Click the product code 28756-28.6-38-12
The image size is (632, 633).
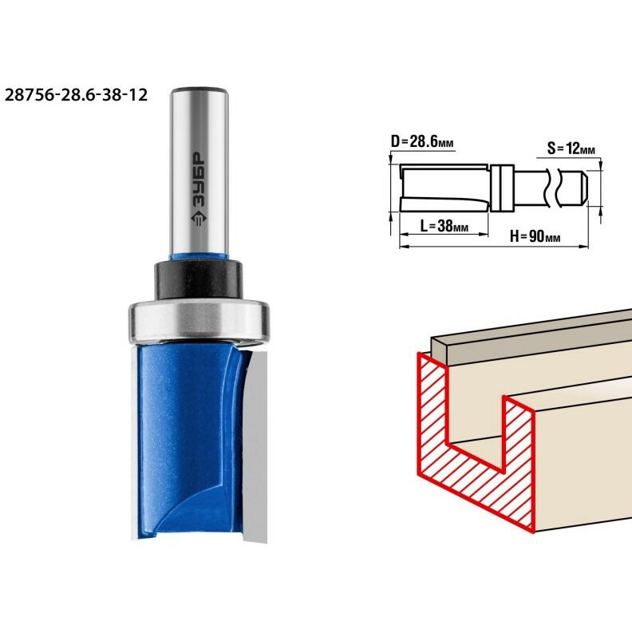pyautogui.click(x=76, y=95)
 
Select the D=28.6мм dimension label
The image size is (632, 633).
pyautogui.click(x=422, y=142)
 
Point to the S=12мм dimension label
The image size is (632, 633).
pyautogui.click(x=571, y=148)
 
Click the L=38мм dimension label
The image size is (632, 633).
pyautogui.click(x=444, y=226)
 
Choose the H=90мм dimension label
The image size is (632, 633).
pyautogui.click(x=535, y=236)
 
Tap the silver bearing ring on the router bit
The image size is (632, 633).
pyautogui.click(x=199, y=320)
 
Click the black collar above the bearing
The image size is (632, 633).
pyautogui.click(x=199, y=279)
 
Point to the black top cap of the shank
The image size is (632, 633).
pyautogui.click(x=199, y=89)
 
